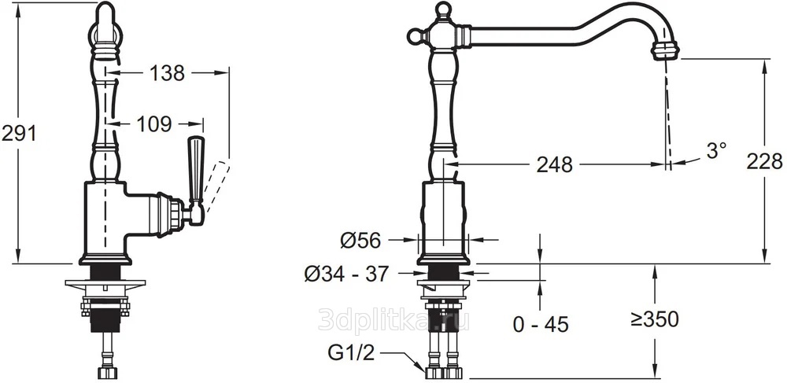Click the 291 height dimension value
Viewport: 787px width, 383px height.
(19, 134)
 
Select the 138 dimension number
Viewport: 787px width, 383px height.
(167, 73)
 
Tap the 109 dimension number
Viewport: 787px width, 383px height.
(154, 124)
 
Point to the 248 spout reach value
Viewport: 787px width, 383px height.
(554, 164)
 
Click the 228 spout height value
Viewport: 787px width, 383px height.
(764, 161)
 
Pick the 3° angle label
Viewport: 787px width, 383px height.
(716, 150)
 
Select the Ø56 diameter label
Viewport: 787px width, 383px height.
(360, 241)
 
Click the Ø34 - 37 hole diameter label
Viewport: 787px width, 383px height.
(346, 274)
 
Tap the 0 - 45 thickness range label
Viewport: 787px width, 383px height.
(541, 325)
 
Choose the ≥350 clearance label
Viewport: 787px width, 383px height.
(655, 319)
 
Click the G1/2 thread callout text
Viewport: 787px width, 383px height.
(352, 354)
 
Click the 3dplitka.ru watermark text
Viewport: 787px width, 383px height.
(393, 319)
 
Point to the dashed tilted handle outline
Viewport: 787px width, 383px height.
(218, 186)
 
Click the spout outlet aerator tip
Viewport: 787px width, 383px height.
(665, 50)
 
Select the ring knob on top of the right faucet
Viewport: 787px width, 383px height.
(443, 9)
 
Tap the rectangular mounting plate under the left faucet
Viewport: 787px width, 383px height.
(105, 283)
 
